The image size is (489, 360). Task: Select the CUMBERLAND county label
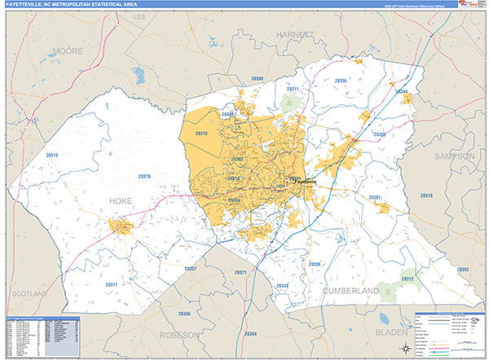click(350, 290)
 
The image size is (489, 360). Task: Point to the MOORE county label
click(67, 50)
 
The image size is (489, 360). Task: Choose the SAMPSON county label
click(455, 155)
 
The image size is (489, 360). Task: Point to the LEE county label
click(139, 15)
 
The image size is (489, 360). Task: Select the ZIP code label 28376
click(144, 176)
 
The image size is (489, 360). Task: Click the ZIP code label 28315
click(52, 155)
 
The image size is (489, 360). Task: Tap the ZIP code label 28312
click(407, 279)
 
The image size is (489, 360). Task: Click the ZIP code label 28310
click(200, 133)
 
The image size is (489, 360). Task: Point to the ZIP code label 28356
click(341, 81)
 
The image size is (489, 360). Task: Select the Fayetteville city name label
click(302, 182)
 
